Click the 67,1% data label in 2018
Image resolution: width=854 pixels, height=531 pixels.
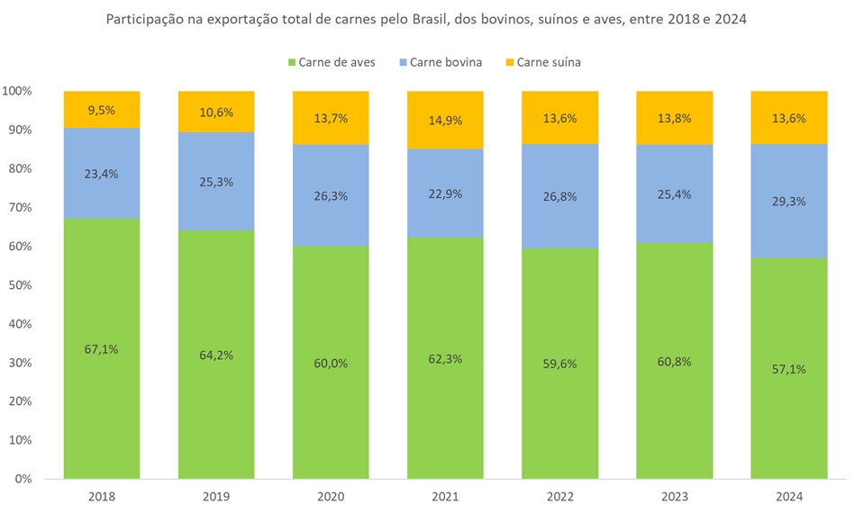tap(102, 349)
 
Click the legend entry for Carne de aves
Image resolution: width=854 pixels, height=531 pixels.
tap(331, 62)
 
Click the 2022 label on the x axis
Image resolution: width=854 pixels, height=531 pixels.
tap(559, 497)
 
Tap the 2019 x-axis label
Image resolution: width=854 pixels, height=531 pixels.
tap(216, 497)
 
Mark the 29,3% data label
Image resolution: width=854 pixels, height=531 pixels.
tap(789, 201)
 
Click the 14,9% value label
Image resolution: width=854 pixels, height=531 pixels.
tap(445, 120)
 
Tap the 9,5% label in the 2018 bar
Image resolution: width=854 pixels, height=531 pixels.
tap(102, 109)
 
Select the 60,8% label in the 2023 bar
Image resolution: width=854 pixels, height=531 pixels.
tap(674, 361)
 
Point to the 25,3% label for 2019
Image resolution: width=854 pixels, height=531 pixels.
tap(216, 182)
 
